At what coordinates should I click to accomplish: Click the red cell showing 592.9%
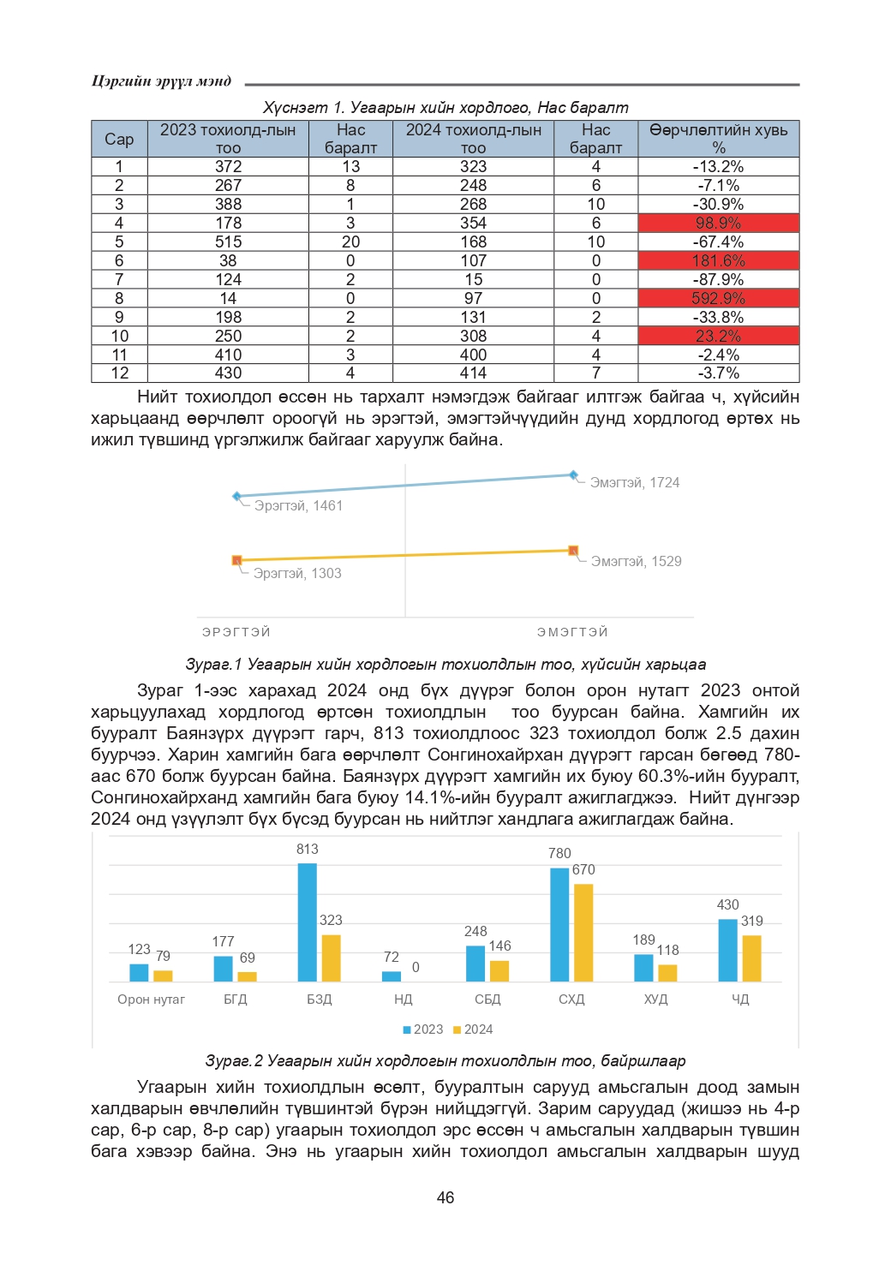(718, 298)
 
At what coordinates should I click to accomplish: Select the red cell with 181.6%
(718, 260)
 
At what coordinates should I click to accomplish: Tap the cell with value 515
(228, 242)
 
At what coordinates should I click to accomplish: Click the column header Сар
(119, 139)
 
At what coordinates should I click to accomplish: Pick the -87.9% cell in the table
(718, 279)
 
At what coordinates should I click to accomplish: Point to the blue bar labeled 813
(308, 922)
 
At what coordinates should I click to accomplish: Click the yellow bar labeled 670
(583, 932)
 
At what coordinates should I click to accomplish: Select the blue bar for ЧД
(727, 950)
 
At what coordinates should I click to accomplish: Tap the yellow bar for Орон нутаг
(163, 976)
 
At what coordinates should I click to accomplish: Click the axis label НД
(404, 999)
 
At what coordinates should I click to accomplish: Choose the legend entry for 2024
(473, 1029)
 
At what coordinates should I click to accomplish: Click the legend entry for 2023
(422, 1029)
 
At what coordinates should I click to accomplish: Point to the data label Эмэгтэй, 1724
(635, 483)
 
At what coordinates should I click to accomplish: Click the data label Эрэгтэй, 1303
(297, 574)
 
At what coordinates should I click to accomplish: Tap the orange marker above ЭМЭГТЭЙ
(573, 551)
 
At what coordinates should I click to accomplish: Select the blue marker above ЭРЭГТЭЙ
(237, 496)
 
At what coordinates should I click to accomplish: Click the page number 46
(445, 1197)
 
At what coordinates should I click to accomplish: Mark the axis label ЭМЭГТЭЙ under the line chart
(572, 632)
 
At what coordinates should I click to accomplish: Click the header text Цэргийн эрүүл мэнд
(161, 81)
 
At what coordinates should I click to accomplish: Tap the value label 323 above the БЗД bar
(331, 920)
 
